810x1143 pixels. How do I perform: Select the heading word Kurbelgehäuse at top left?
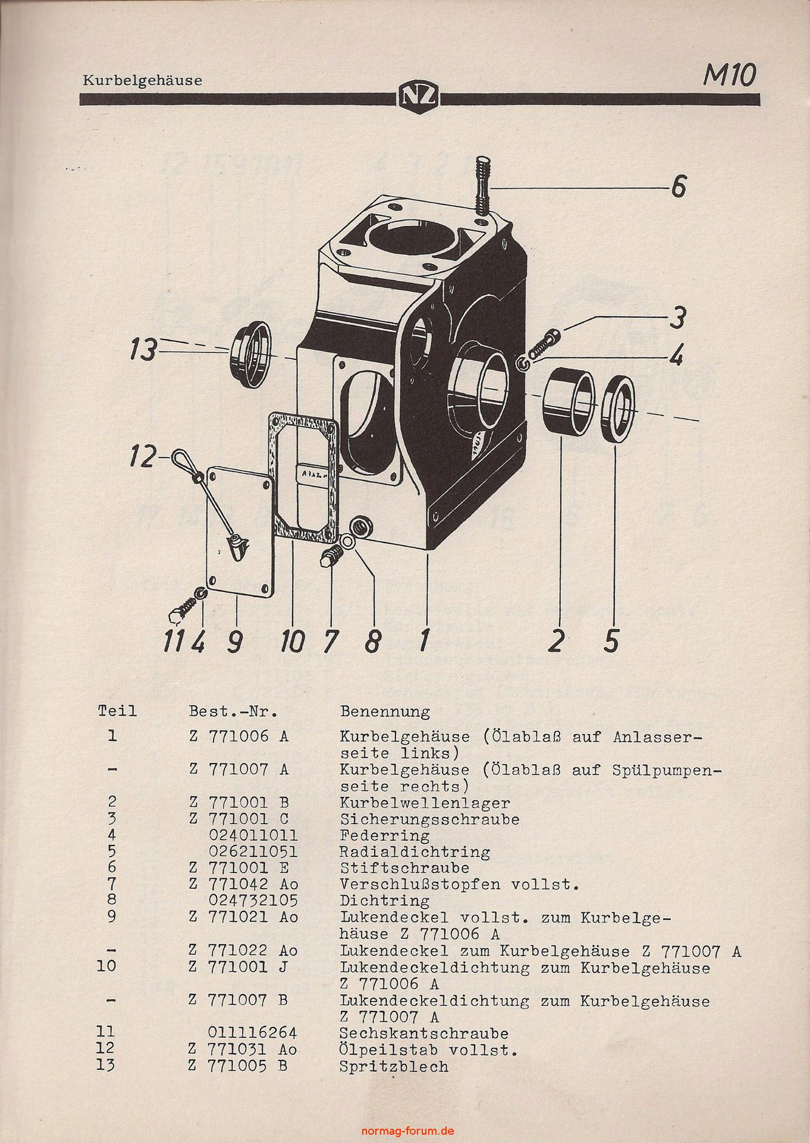(142, 80)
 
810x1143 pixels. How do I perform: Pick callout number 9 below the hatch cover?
(234, 642)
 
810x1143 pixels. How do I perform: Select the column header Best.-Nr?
(234, 711)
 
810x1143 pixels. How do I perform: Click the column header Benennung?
(385, 711)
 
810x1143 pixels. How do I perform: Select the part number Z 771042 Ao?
(244, 884)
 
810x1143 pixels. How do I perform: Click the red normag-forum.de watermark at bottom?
(405, 1131)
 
